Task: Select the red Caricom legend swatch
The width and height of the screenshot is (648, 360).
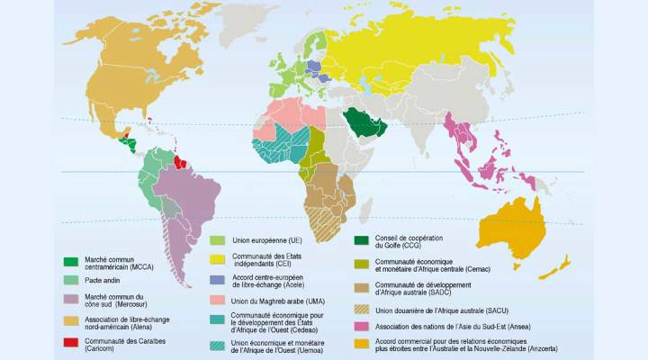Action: click(x=71, y=343)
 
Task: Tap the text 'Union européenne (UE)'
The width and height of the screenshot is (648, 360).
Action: click(x=269, y=240)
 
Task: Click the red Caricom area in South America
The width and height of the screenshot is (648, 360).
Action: click(x=184, y=163)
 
